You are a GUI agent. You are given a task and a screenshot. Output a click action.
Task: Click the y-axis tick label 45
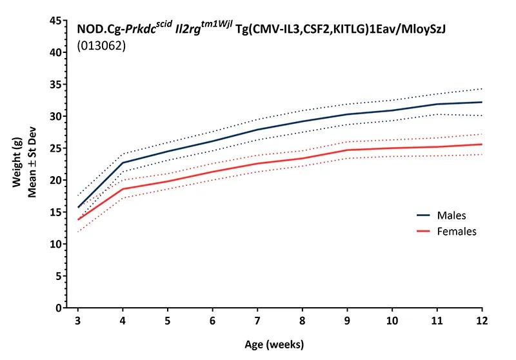click(x=55, y=21)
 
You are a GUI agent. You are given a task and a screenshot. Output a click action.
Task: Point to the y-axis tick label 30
click(x=55, y=117)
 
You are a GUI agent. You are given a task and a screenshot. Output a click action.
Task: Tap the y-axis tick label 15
click(x=55, y=212)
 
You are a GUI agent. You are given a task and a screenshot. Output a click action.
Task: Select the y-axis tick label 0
click(x=58, y=308)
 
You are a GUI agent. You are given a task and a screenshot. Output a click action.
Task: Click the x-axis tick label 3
click(x=77, y=321)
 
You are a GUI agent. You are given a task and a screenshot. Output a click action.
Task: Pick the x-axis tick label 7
click(x=258, y=321)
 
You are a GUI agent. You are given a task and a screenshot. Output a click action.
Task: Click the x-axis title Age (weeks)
click(x=280, y=344)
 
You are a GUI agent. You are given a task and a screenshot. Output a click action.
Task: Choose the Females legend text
click(x=456, y=231)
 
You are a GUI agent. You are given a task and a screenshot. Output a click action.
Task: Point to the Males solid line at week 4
click(x=123, y=163)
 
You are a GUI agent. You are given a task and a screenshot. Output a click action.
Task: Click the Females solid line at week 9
click(x=348, y=150)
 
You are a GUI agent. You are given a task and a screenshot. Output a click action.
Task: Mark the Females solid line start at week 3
click(x=78, y=219)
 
